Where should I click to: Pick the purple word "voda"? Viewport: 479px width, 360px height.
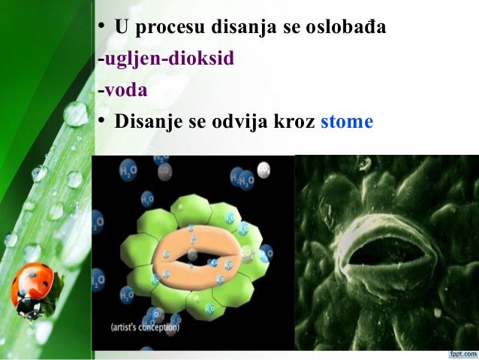(125, 90)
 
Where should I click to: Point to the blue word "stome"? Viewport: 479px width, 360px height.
(346, 121)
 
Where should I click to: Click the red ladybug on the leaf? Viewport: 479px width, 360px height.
(35, 286)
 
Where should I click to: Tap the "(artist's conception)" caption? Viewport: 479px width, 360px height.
(145, 327)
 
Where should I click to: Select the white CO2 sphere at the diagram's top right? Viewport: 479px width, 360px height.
(264, 170)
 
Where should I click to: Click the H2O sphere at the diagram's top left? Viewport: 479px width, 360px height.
(128, 172)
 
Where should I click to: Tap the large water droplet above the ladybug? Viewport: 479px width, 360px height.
(75, 114)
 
